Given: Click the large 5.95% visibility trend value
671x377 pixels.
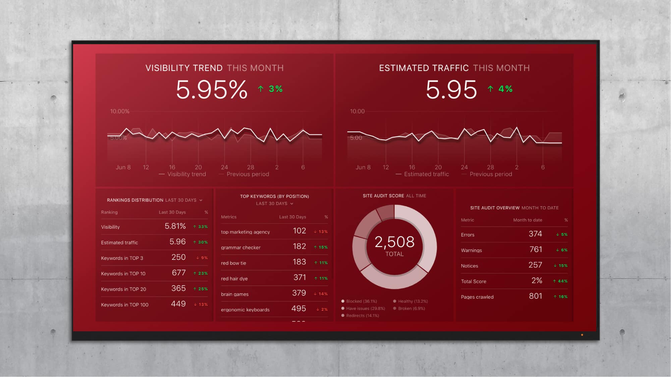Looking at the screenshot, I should pos(212,90).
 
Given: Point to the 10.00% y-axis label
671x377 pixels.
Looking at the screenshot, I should pos(120,111).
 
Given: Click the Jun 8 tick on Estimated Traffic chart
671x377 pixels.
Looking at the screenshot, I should pos(363,167).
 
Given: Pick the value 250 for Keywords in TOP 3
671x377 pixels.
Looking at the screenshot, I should pos(178,257).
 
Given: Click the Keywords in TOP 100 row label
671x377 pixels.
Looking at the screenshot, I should pos(124,305).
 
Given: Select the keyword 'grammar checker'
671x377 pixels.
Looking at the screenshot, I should pos(240,247).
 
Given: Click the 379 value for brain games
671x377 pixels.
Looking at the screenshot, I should pos(299,293).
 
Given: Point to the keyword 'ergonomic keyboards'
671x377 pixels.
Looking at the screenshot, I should pos(245,310).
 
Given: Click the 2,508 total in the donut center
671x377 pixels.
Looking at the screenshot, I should pos(394,242).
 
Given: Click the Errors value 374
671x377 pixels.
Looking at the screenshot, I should pos(535,234).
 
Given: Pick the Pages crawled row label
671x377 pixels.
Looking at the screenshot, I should pos(477,297).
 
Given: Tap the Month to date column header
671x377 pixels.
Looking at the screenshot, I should pos(527,220).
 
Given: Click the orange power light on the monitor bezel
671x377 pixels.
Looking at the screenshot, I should pos(582,335).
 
